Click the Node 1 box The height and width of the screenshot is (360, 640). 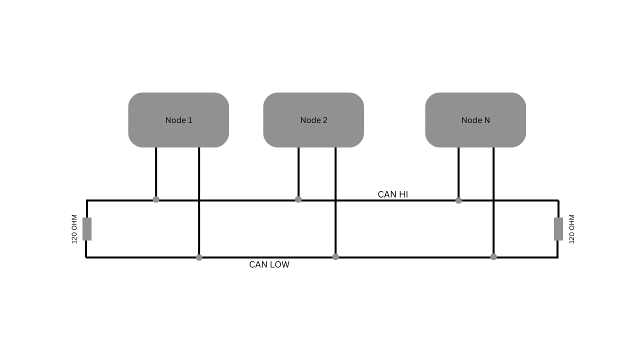178,120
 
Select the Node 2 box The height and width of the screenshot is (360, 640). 313,120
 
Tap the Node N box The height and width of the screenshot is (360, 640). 475,120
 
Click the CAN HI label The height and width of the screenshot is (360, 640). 393,194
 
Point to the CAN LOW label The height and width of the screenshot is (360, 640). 269,264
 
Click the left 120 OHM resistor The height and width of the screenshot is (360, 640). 87,229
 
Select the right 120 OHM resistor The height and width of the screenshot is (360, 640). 558,229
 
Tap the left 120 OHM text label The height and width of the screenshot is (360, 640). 74,229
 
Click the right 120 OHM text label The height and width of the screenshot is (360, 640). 571,229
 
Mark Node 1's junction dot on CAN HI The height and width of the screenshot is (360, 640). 156,199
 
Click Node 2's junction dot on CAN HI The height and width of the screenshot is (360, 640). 298,199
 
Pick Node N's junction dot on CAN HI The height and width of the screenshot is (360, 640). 458,200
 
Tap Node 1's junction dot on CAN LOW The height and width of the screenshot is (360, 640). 199,257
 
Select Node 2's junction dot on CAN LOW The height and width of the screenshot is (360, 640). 335,257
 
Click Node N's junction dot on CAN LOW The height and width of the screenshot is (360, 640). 493,257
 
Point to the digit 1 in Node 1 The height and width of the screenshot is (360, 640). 190,120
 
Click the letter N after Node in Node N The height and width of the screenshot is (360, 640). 487,120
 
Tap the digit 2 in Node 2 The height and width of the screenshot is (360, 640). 325,120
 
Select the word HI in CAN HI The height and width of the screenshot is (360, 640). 403,194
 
